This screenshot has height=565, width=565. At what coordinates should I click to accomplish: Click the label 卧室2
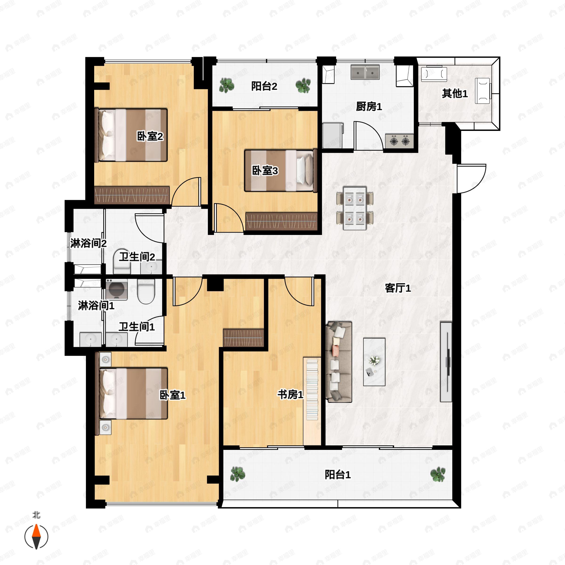pyautogui.click(x=150, y=136)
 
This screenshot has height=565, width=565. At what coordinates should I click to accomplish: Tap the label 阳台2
pyautogui.click(x=264, y=86)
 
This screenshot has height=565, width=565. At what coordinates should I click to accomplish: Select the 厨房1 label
pyautogui.click(x=369, y=106)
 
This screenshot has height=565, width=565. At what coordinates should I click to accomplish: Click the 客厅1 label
pyautogui.click(x=397, y=288)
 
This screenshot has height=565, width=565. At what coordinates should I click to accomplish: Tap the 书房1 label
pyautogui.click(x=290, y=395)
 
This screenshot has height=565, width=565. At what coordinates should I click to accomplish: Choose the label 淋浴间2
pyautogui.click(x=88, y=243)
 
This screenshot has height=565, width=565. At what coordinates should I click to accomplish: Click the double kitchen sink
pyautogui.click(x=365, y=72)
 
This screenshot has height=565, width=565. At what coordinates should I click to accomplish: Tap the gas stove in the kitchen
pyautogui.click(x=399, y=141)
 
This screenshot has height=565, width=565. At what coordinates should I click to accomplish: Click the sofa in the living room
pyautogui.click(x=339, y=362)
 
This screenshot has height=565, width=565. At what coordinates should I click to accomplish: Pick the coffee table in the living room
pyautogui.click(x=374, y=362)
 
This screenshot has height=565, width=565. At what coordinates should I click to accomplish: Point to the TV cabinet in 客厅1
pyautogui.click(x=446, y=362)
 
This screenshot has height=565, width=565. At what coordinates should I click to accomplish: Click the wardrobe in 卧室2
pyautogui.click(x=132, y=195)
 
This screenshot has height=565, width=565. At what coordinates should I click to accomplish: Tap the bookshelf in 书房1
pyautogui.click(x=312, y=389)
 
